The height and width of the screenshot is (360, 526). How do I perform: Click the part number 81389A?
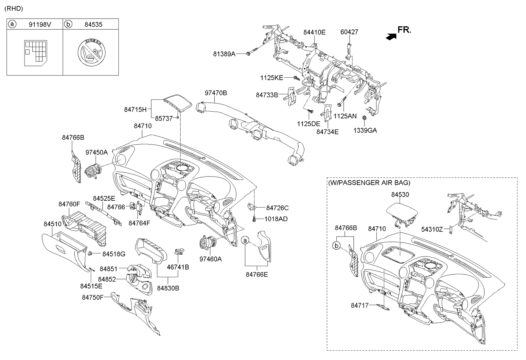224,54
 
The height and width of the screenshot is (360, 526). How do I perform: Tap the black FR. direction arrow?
391,37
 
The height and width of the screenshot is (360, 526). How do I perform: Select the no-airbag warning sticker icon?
92,52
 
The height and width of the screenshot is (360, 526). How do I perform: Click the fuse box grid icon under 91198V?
36,53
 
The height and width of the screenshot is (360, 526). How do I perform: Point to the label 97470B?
216,93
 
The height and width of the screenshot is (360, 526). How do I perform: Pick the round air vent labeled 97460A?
207,244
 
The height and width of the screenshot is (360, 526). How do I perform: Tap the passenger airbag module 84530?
400,214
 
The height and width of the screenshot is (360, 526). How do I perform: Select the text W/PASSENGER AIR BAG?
369,183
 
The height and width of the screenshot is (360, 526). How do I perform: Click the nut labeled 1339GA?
364,118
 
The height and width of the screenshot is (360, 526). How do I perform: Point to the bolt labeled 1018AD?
254,219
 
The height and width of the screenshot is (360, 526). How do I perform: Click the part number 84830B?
168,288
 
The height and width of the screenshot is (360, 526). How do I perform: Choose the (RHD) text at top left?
14,8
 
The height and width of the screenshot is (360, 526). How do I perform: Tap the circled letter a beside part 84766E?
245,240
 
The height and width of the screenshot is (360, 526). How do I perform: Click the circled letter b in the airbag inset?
336,246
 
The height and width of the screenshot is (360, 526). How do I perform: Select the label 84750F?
93,298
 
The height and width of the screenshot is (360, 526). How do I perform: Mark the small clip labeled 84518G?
90,253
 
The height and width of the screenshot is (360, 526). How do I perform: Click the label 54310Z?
432,229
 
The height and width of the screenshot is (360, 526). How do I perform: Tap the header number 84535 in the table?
93,25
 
